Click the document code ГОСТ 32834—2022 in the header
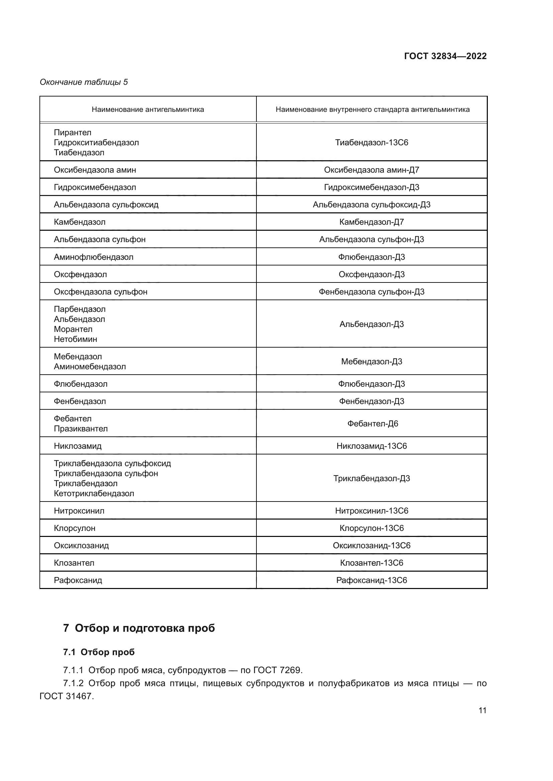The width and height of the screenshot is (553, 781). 445,56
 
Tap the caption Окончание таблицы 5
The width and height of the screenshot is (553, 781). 84,82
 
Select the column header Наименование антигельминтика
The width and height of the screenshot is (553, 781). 148,110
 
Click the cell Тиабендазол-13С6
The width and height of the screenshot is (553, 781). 371,143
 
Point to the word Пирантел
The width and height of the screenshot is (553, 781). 73,132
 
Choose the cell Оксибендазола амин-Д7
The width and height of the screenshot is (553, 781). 371,170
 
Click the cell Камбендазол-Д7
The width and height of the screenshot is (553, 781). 371,222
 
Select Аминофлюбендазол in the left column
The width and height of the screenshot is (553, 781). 94,257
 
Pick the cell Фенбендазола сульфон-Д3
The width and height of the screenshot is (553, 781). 371,291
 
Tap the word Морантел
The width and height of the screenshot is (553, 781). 73,329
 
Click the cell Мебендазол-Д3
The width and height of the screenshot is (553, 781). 371,361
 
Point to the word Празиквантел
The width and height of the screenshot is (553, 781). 81,429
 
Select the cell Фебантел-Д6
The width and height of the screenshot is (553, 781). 372,423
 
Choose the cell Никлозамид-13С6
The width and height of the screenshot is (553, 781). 371,446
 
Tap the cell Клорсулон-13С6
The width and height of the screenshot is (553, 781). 371,528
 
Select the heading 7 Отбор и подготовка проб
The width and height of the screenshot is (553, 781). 139,628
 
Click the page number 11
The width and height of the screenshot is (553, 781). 482,710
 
